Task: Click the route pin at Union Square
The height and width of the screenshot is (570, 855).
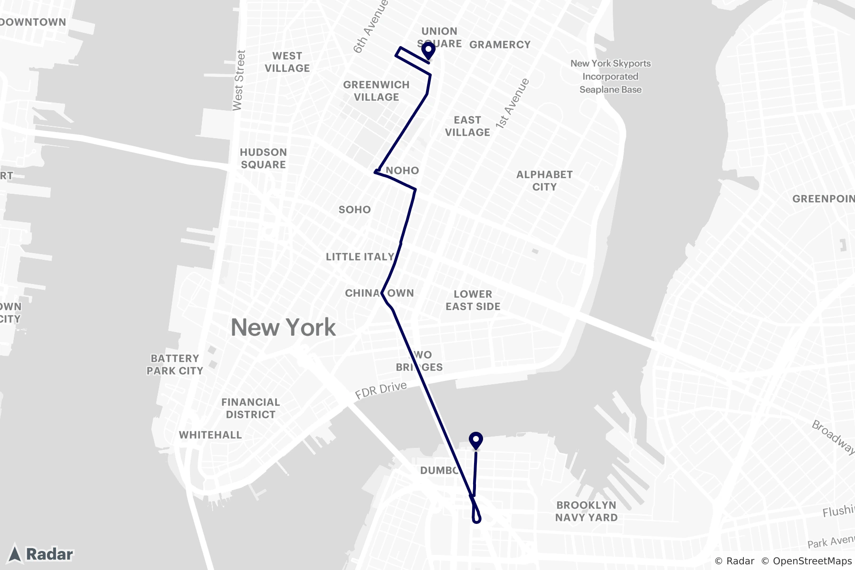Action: pos(428,50)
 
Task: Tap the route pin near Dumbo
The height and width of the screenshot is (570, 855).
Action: pos(475,440)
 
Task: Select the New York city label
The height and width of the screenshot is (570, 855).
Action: pos(283,328)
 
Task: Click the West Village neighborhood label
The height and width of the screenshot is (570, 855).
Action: pos(287,62)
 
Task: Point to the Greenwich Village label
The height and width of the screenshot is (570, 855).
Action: pos(376,91)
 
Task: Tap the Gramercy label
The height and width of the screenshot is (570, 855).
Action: pos(500,45)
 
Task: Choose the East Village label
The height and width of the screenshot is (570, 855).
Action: pos(467,126)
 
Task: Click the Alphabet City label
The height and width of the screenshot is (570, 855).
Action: pos(544,180)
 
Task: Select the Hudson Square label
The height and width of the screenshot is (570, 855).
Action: pos(263,158)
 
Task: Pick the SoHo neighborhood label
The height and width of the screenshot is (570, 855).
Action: pos(354,209)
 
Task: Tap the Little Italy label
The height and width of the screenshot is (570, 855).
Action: pos(360,257)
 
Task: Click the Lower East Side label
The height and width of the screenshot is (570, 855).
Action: pos(473,300)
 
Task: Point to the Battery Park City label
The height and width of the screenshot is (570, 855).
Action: pos(175,364)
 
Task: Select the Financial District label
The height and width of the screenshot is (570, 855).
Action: pos(250,408)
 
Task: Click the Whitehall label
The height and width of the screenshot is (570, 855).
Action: pos(210,435)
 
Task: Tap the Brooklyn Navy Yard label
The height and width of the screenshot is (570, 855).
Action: pos(586,511)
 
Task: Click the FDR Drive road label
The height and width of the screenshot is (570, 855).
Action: pos(381,390)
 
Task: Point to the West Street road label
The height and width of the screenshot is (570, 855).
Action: pos(239,80)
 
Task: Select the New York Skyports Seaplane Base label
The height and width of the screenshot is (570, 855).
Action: pos(610,76)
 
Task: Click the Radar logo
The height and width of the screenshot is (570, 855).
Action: pos(42,554)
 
